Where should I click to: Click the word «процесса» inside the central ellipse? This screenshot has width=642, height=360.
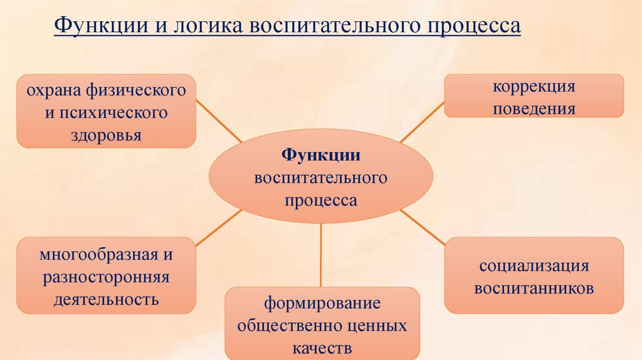point(320,201)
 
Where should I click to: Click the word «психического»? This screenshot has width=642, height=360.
point(114,114)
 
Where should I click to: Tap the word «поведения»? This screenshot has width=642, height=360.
point(534,109)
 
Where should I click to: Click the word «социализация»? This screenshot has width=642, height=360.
point(534,266)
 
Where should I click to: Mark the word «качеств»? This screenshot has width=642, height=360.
point(322,348)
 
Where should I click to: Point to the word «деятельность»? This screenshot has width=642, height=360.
point(106,299)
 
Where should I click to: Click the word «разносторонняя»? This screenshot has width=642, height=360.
point(106,277)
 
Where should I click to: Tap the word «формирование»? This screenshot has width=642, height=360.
point(322,305)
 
